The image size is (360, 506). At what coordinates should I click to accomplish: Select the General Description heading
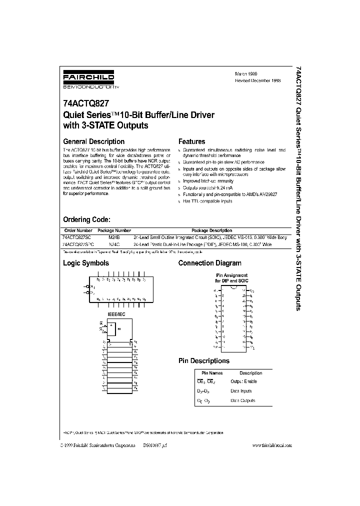[93, 141]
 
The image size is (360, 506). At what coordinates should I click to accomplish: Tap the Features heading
[191, 141]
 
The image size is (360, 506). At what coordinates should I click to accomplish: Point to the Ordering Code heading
[86, 219]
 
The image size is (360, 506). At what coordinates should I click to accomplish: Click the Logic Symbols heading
[85, 263]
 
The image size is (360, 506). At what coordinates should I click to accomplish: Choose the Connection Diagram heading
[209, 263]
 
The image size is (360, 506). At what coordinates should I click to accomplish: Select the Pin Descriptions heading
[204, 360]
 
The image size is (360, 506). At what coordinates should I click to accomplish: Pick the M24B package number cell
[114, 237]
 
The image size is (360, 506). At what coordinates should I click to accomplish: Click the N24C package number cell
[114, 244]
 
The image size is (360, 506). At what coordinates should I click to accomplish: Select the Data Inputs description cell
[241, 391]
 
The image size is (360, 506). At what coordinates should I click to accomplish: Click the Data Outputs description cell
[242, 400]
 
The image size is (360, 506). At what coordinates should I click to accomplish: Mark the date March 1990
[246, 73]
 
